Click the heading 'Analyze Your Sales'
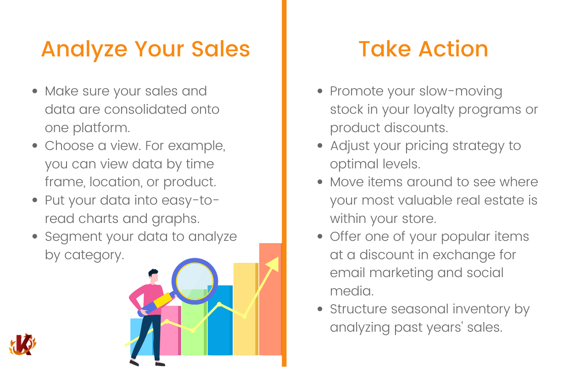pos(145,50)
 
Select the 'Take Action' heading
pos(424,49)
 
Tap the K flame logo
pos(22,345)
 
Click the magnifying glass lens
pos(195,281)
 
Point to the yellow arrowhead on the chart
pos(273,264)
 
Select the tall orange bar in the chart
pos(270,299)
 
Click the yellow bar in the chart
pos(245,309)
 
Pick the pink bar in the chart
pos(170,330)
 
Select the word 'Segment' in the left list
pos(73,237)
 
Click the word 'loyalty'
pos(434,110)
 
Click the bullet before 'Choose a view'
pos(35,145)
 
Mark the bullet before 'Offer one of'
pos(320,236)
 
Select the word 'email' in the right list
pos(348,273)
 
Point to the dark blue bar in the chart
pos(220,320)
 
